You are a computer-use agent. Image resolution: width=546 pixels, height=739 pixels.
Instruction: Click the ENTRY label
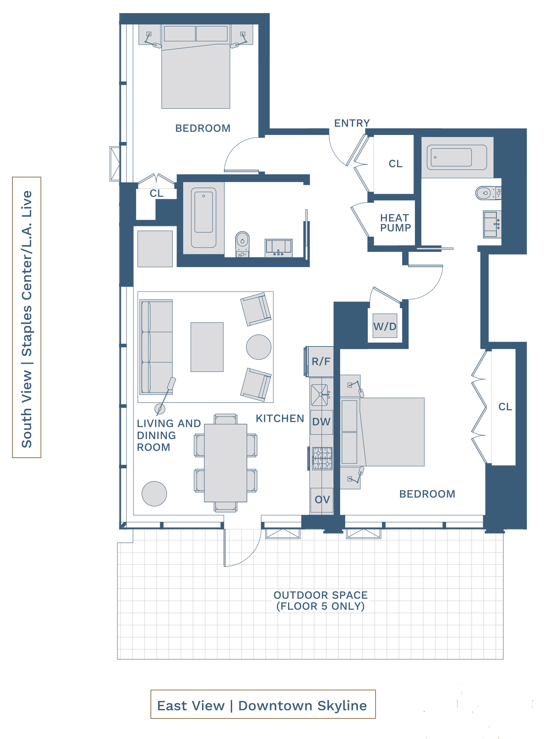click(x=352, y=123)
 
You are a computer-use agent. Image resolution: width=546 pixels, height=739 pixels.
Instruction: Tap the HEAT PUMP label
click(x=395, y=223)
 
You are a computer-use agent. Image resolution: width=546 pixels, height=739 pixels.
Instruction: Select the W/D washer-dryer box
click(x=385, y=326)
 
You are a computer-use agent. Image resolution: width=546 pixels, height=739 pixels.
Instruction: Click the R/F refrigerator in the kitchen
click(x=320, y=362)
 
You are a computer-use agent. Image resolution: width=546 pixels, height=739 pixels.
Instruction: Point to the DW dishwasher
click(x=322, y=422)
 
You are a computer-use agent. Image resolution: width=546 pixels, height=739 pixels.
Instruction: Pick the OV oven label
click(x=322, y=500)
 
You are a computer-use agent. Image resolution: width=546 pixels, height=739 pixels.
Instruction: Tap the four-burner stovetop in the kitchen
click(x=322, y=458)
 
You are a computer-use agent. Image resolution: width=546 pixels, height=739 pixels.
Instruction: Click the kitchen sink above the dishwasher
click(x=320, y=395)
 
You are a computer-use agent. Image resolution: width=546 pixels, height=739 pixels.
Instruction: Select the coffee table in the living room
click(x=207, y=347)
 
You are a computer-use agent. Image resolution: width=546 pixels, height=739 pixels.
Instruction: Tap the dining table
click(x=225, y=463)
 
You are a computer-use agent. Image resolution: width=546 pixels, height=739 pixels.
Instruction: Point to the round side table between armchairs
click(x=259, y=347)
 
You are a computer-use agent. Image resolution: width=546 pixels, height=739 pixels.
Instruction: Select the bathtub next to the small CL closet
click(x=204, y=218)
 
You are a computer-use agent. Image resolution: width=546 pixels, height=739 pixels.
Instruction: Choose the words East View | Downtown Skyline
click(x=262, y=705)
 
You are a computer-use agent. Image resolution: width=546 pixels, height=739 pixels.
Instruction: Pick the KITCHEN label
click(x=280, y=418)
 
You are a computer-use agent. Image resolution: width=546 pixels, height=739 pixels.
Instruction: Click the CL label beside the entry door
click(x=395, y=164)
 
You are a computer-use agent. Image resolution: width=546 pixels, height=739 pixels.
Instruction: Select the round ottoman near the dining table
click(x=154, y=493)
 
